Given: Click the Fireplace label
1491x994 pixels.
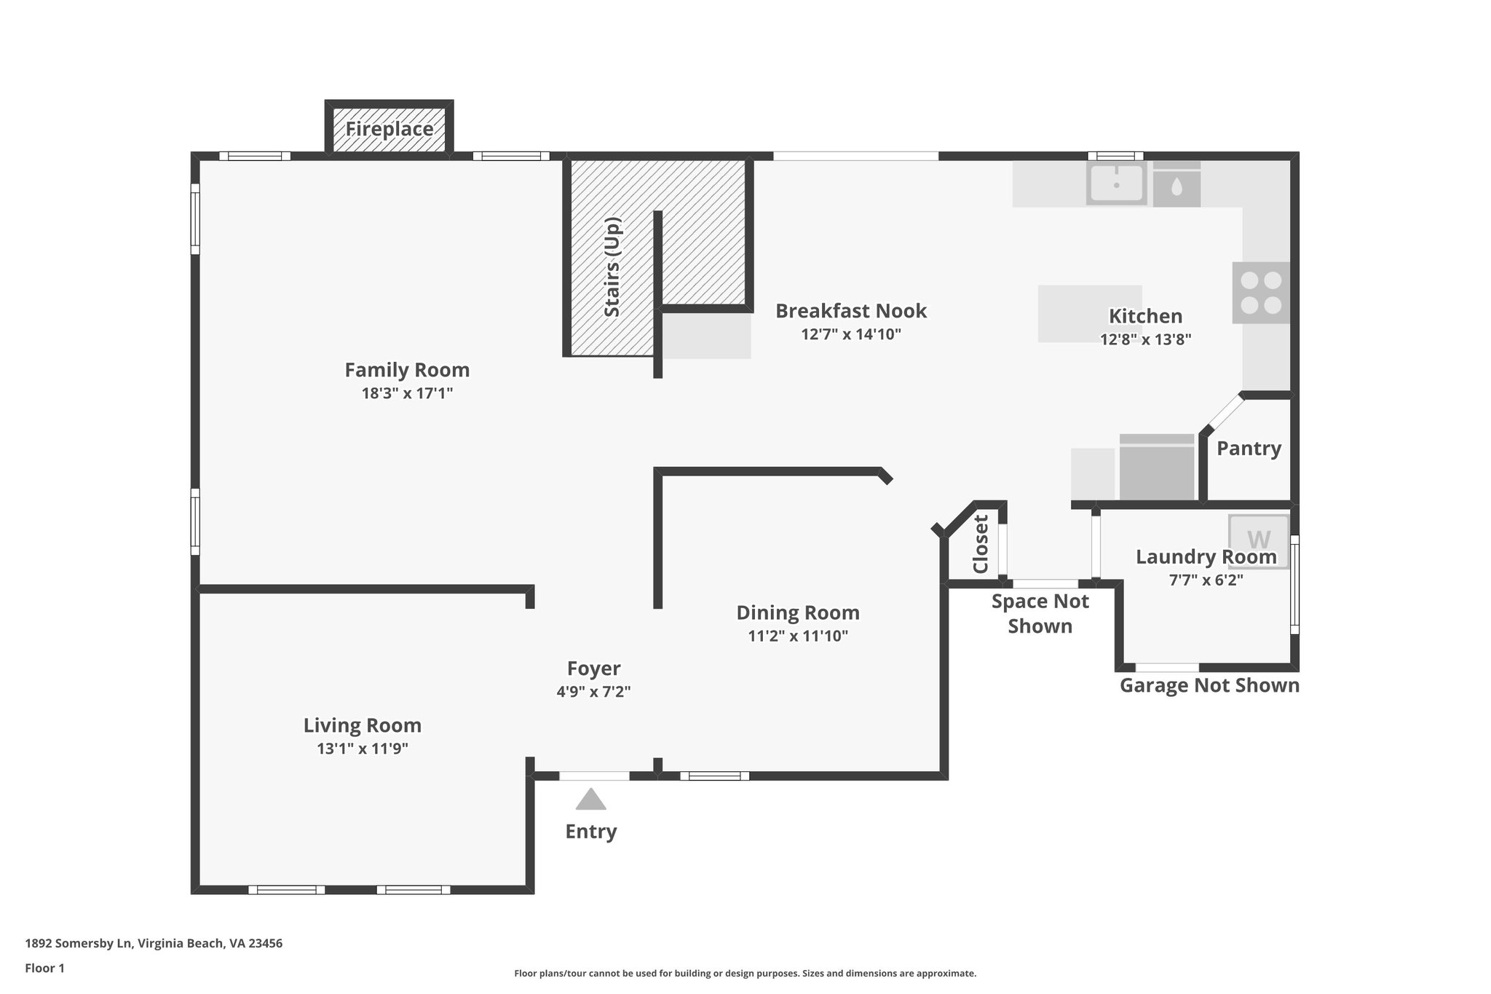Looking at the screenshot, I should point(389,130).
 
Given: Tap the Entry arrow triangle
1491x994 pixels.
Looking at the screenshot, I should point(590,800).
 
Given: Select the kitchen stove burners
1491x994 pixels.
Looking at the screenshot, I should point(1261,293).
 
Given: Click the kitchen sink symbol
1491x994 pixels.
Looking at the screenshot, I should point(1116,182).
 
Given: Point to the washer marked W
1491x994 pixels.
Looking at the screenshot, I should point(1259,541).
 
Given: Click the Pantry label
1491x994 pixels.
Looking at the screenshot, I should point(1249,449).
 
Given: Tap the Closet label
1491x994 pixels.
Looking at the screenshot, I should point(981,544).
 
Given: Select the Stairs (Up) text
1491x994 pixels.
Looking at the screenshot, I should point(612,267).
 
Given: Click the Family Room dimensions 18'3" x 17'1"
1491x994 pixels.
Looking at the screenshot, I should point(407,394).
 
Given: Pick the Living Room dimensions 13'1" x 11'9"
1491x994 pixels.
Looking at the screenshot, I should point(362,749).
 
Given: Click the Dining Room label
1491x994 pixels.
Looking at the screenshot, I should point(797,612).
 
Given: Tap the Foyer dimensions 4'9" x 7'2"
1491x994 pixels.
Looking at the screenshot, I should point(593,692).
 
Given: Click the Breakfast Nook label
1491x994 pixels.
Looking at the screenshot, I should point(850,311).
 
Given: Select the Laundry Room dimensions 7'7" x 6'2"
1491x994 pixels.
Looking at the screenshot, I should point(1206,580).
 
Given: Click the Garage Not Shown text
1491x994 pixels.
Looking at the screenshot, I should point(1209,685).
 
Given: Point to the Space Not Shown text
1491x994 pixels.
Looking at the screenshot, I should point(1040,613).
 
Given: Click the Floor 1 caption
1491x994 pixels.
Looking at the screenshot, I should point(44,968).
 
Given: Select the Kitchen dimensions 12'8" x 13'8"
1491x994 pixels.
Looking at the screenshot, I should point(1145,339).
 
